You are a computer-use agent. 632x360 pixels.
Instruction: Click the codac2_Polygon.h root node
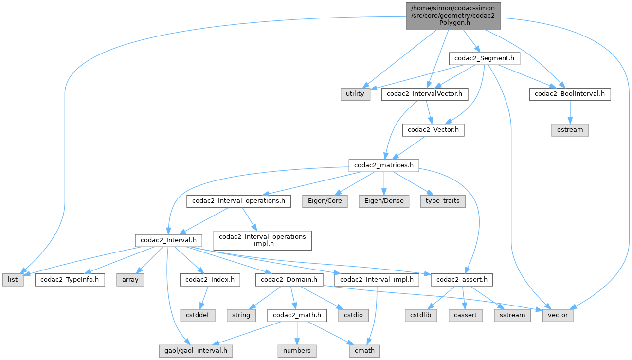(x=453, y=15)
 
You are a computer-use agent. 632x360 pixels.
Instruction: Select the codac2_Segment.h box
(x=483, y=58)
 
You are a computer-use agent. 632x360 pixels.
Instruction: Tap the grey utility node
(x=355, y=94)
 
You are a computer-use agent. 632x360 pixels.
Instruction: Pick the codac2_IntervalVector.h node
(x=425, y=94)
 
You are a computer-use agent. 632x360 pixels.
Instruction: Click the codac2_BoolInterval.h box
(x=570, y=94)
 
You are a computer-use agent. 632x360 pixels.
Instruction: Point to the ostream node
(x=570, y=130)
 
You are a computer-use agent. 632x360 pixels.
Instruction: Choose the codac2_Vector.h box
(x=433, y=130)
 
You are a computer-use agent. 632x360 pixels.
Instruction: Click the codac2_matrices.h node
(x=384, y=165)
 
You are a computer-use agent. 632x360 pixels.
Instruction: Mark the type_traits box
(x=443, y=201)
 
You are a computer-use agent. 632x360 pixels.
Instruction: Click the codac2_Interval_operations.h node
(x=238, y=201)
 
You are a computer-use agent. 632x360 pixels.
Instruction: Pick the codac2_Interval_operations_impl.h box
(x=262, y=240)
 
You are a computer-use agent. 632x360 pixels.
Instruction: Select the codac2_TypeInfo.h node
(x=70, y=279)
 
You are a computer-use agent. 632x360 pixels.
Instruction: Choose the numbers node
(x=297, y=350)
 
